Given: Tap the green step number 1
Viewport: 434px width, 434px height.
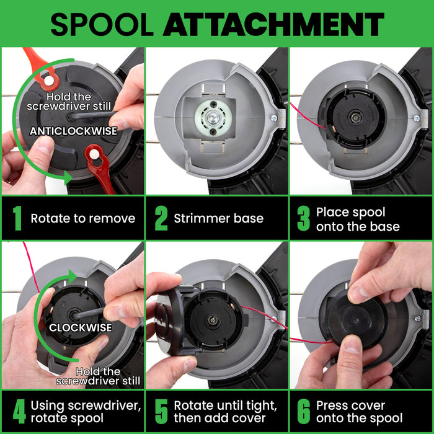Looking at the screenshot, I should tap(17, 218).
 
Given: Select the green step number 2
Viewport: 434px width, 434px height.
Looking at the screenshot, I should tap(161, 218).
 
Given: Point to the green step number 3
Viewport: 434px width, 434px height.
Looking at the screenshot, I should tap(303, 219).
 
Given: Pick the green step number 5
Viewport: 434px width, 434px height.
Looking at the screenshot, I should tap(161, 411).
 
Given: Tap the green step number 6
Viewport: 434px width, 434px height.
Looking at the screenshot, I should tap(303, 411).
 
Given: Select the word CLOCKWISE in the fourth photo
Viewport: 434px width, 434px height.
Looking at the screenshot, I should tap(81, 327).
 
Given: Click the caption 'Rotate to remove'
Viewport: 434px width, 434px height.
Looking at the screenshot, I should tap(82, 218).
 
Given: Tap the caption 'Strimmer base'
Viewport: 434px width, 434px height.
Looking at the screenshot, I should tap(218, 218).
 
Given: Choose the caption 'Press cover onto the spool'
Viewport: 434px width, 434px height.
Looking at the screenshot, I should tap(359, 411).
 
